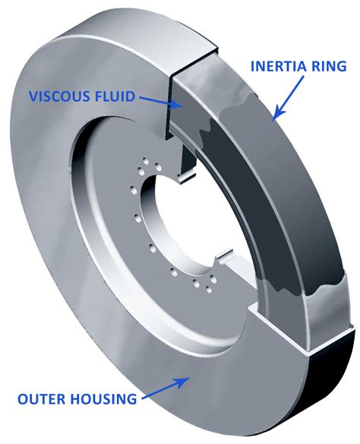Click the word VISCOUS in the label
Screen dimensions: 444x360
(x=58, y=97)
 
